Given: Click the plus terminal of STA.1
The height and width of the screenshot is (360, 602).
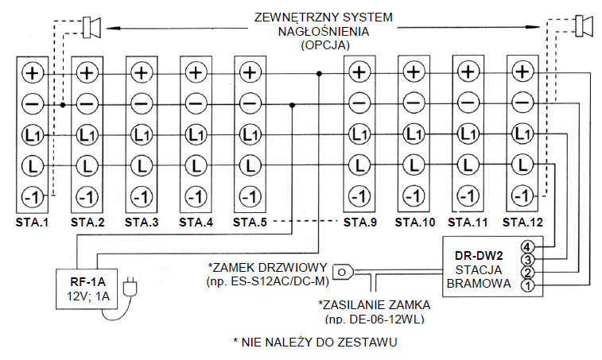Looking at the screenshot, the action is point(33,73).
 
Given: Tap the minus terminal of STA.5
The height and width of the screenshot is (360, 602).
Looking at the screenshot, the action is point(251,103).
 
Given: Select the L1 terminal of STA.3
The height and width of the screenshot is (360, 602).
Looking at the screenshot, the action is point(142,135).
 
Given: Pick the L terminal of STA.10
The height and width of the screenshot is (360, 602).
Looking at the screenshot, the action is point(414,165).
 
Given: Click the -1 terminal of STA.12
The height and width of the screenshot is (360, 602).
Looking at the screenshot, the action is point(522,195).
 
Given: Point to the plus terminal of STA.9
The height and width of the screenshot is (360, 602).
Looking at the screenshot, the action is point(359,72).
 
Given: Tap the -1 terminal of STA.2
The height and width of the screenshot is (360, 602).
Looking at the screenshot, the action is point(87,197).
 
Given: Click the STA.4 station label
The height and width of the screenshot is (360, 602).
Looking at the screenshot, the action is point(196,223).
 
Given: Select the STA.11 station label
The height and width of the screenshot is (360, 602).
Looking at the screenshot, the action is point(468,223).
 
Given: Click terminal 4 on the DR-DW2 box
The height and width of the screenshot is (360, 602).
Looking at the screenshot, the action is point(527,246).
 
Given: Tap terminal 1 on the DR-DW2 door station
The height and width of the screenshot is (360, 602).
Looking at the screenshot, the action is point(527,285).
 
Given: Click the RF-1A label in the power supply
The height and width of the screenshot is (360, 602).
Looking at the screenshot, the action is point(88,282).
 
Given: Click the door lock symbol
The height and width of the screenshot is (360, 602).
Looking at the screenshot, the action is point(343,272).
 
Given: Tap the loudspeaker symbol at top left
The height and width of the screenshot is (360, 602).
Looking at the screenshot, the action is point(91,28).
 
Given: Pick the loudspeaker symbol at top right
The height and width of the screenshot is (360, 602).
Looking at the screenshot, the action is point(584,26).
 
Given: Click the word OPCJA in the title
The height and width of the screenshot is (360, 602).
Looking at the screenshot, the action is point(325,45).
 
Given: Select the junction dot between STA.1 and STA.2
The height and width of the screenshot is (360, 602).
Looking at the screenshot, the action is point(63,104).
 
